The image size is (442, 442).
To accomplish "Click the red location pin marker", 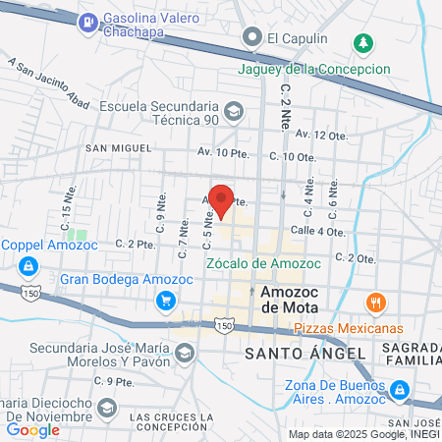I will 222,199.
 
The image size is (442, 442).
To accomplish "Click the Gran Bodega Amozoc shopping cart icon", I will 167,301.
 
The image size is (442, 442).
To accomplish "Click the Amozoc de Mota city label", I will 286,300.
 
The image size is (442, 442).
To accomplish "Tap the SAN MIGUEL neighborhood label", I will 117,148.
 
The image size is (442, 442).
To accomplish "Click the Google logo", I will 32,429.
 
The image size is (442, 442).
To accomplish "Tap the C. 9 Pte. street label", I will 112,380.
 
